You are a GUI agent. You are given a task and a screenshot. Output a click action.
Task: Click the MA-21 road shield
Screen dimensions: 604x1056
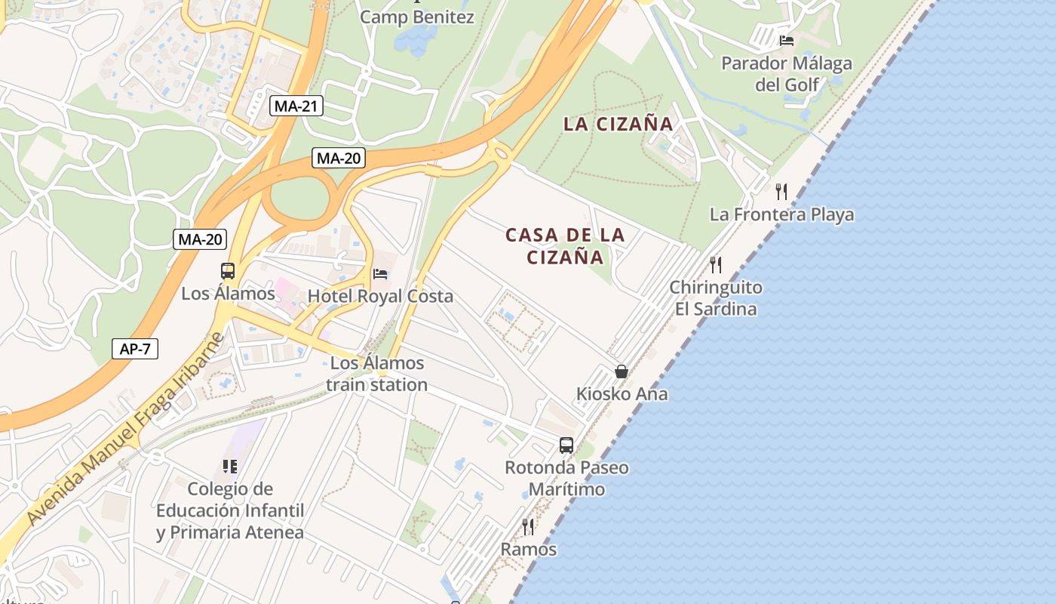(x=296, y=106)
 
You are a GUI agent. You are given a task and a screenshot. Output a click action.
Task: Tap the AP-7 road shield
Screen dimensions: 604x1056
(x=134, y=348)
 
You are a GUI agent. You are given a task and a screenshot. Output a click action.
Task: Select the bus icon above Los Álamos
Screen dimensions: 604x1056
(x=227, y=271)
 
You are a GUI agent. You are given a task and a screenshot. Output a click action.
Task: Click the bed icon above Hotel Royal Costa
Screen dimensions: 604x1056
(x=380, y=273)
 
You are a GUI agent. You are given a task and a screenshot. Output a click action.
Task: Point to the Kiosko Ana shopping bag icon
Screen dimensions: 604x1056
(x=622, y=371)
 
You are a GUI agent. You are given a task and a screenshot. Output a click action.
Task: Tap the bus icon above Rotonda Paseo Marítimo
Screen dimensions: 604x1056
(x=566, y=445)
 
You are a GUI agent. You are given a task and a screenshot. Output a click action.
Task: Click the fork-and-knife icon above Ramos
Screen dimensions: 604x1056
(x=528, y=526)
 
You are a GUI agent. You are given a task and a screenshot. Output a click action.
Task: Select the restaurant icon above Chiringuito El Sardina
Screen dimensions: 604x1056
(x=715, y=264)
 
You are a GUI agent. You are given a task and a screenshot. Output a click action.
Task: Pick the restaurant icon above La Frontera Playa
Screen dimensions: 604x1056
(x=781, y=191)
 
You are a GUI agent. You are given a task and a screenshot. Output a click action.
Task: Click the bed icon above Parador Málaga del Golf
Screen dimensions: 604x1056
(x=787, y=40)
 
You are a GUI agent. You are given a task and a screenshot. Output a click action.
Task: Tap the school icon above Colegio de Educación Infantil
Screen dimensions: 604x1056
(x=230, y=467)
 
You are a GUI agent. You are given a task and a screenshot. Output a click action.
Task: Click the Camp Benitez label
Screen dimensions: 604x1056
(x=417, y=17)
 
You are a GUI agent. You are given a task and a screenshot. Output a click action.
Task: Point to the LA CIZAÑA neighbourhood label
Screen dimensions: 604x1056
(x=618, y=125)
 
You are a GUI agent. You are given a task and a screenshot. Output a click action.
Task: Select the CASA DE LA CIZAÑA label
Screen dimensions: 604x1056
(x=565, y=246)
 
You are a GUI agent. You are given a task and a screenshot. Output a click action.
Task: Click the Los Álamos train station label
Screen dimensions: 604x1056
(x=377, y=374)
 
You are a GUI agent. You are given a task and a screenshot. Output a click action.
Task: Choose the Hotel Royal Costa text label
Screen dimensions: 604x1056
(x=380, y=296)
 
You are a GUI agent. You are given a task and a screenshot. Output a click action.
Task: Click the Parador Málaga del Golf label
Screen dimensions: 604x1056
(x=787, y=73)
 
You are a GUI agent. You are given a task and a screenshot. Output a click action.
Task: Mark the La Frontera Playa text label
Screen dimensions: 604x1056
(x=781, y=214)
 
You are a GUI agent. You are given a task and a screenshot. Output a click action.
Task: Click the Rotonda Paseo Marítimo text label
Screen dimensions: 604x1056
(x=566, y=478)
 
